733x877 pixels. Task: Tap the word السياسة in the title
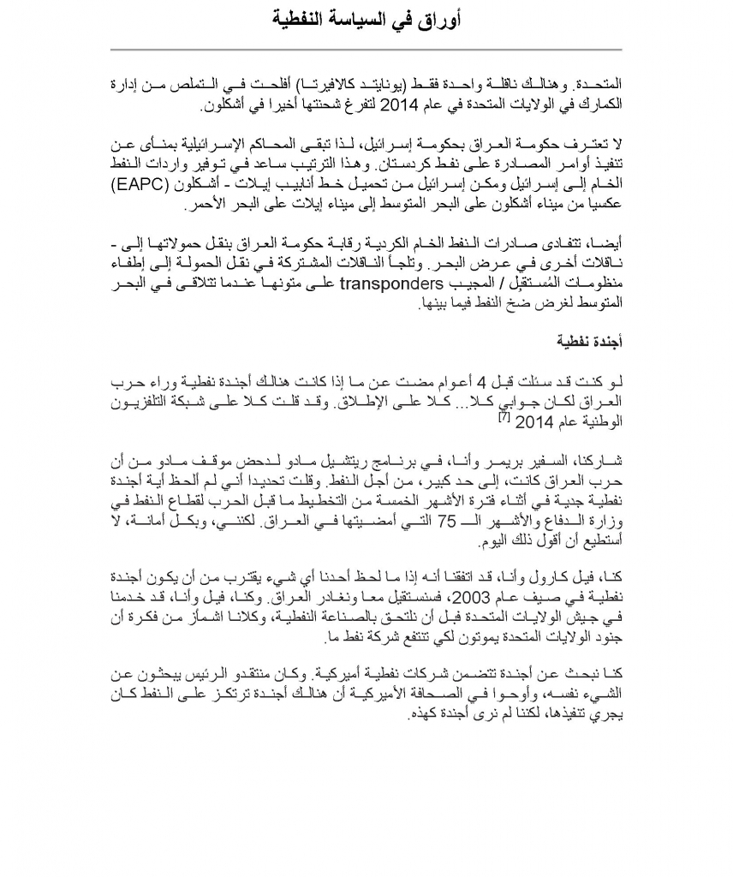click(x=350, y=19)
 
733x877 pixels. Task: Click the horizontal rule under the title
click(x=366, y=49)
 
